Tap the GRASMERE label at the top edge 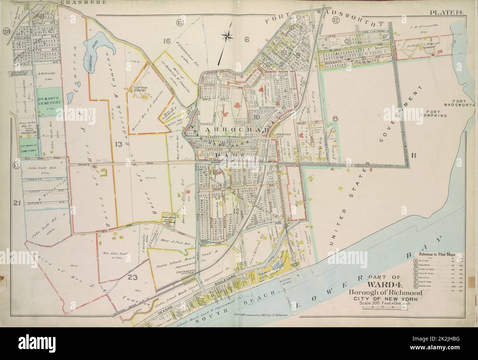83,2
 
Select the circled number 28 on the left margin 6,31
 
